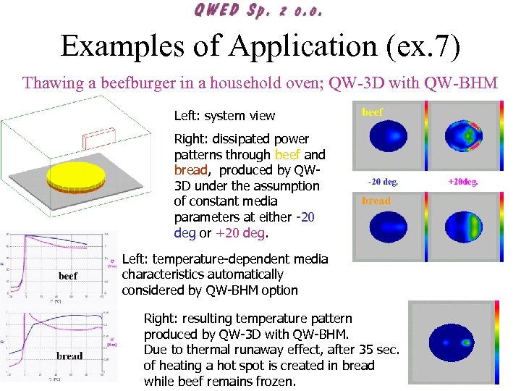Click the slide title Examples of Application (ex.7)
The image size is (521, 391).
(260, 46)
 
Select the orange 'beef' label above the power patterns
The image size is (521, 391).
(372, 112)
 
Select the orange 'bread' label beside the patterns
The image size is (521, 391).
(376, 201)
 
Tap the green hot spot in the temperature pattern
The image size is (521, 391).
(467, 342)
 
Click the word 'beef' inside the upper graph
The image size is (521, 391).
(67, 275)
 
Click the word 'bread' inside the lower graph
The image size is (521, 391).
(69, 356)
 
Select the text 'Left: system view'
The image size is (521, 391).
(224, 115)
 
